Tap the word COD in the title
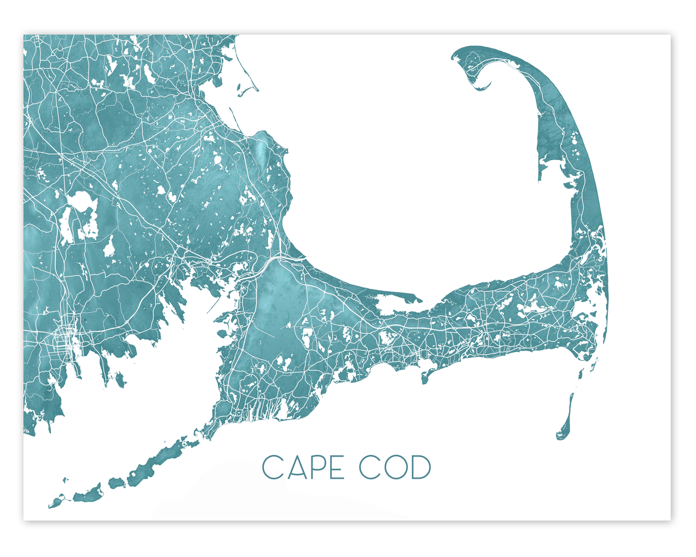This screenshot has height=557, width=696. pyautogui.click(x=394, y=468)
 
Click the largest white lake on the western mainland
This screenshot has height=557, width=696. pyautogui.click(x=78, y=202)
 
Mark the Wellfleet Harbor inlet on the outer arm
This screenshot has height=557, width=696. pyautogui.click(x=551, y=165)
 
